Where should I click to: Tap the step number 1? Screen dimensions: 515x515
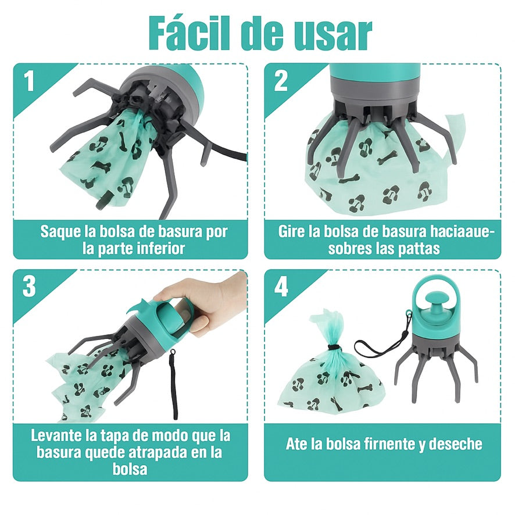(x=29, y=81)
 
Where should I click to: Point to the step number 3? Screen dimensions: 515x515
(x=29, y=286)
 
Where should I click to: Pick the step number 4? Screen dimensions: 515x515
(x=281, y=287)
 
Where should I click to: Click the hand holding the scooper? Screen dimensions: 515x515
(x=203, y=305)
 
